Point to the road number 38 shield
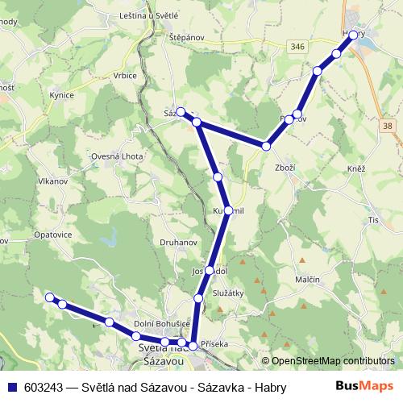(x=389, y=126)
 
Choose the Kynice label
(x=62, y=95)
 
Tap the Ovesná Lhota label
(x=115, y=156)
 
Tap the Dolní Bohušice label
(x=163, y=323)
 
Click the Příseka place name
(x=214, y=343)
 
